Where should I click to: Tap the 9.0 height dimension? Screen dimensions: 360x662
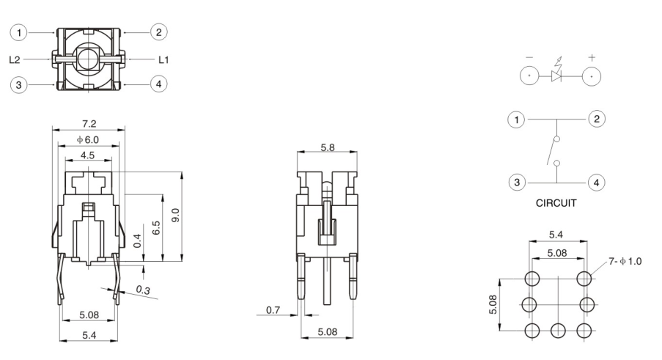175,216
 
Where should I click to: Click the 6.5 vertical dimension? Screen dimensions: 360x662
155,227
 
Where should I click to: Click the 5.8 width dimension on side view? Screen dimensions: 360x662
328,147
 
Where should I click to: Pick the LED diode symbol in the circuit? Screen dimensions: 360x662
557,75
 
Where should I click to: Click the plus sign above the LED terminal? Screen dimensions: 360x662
592,56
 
